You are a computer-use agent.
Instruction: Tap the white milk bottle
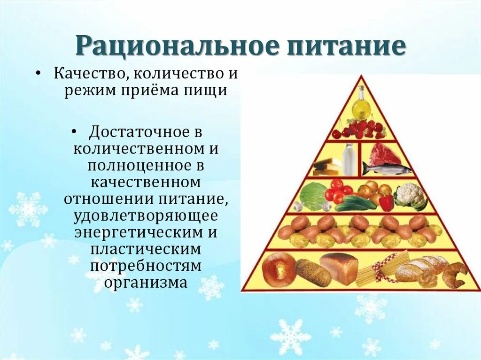pyautogui.click(x=349, y=160)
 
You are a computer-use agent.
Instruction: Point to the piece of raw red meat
pyautogui.click(x=385, y=153)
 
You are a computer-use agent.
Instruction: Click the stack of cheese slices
pyautogui.click(x=328, y=166)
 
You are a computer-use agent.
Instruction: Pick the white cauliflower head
pyautogui.click(x=410, y=195)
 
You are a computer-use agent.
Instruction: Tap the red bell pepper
pyautogui.click(x=386, y=202)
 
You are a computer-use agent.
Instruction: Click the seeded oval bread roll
pyautogui.click(x=312, y=273)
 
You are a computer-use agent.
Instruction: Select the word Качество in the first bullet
pyautogui.click(x=88, y=74)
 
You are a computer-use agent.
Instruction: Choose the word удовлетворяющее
pyautogui.click(x=146, y=217)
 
